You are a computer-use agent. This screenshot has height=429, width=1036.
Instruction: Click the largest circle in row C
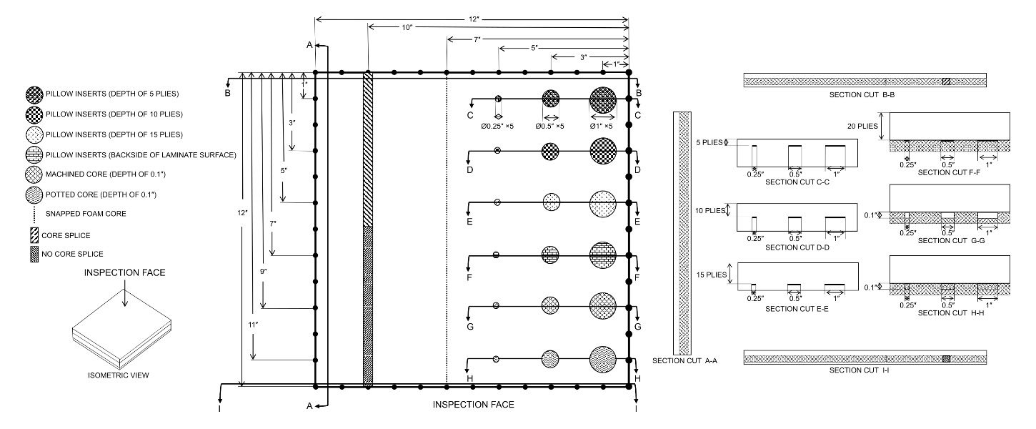(x=603, y=99)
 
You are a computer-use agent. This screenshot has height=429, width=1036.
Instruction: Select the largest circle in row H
(x=603, y=358)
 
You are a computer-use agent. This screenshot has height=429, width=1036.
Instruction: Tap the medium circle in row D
(x=550, y=151)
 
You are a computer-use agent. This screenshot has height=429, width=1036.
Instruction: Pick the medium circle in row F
(x=550, y=255)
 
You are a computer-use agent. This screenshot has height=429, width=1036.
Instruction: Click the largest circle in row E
(x=603, y=204)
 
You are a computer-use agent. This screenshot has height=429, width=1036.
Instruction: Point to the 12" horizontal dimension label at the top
(x=472, y=17)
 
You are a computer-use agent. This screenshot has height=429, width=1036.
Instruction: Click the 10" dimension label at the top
(x=407, y=26)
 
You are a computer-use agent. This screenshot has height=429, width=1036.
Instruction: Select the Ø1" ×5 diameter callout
(x=603, y=127)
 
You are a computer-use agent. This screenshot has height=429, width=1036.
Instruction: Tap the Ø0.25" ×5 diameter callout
(x=499, y=127)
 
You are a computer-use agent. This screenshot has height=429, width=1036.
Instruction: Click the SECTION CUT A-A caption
(x=684, y=361)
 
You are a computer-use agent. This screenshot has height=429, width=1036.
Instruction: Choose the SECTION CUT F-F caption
(x=948, y=172)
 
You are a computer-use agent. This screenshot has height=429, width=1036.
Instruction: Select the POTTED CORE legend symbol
(x=34, y=194)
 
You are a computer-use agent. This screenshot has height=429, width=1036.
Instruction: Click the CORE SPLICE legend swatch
(x=34, y=234)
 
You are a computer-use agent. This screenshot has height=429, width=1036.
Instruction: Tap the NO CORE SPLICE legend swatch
(x=34, y=254)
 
